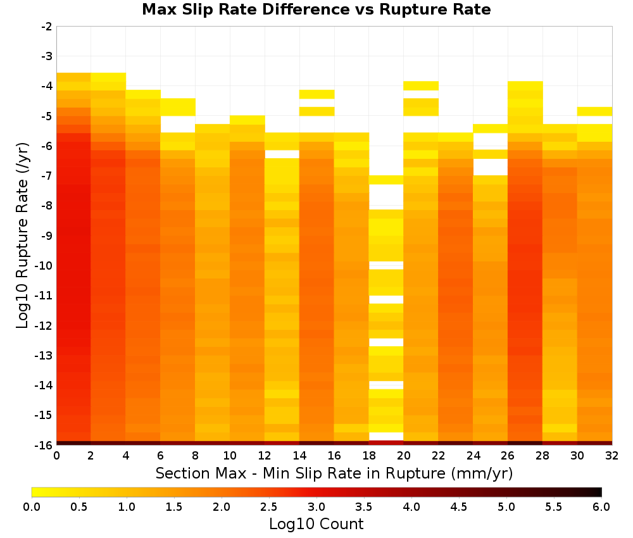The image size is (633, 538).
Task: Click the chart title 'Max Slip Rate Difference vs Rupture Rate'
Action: (x=316, y=9)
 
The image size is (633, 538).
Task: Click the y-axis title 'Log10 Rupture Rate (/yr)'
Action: (x=23, y=235)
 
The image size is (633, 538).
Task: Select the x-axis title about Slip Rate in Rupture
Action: (x=334, y=473)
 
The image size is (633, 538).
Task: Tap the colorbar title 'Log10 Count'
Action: (x=316, y=524)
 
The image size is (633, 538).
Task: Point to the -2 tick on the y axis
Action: (x=47, y=27)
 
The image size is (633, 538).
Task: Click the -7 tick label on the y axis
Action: (x=47, y=176)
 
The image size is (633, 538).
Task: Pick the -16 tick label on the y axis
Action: (x=44, y=445)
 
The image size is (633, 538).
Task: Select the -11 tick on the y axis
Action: (x=44, y=296)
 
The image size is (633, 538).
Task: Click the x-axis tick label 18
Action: (x=369, y=456)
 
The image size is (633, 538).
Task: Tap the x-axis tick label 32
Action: (x=612, y=456)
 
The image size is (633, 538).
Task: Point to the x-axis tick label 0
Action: (x=56, y=456)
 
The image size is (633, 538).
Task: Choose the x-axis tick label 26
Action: (x=508, y=456)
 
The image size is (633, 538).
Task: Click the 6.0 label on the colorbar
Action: (x=601, y=507)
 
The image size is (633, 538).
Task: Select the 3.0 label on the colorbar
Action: (x=316, y=507)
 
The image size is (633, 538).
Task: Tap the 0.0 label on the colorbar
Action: (x=32, y=507)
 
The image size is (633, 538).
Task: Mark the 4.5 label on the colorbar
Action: (x=459, y=507)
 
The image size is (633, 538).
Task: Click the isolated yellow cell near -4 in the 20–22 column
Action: (x=421, y=85)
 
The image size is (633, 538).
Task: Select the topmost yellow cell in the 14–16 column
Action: (x=317, y=94)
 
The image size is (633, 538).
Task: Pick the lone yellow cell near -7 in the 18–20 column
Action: (x=386, y=180)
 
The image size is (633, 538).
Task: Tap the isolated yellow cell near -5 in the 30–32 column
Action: (x=594, y=111)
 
